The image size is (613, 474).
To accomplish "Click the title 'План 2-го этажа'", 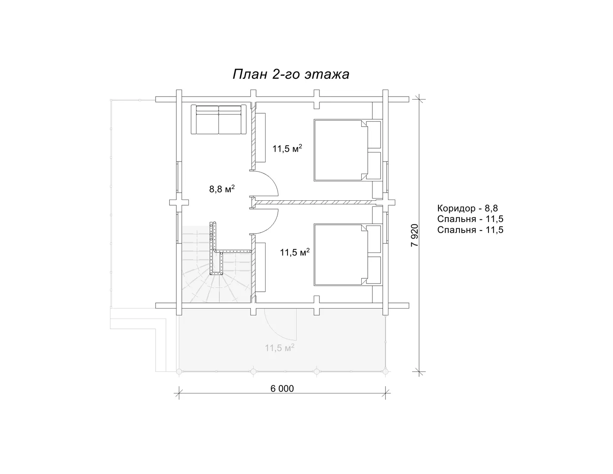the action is [291, 75].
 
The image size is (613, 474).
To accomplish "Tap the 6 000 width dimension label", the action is [282, 389].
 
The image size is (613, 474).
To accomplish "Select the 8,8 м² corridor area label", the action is [222, 189].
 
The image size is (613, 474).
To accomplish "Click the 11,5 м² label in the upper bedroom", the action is [287, 148].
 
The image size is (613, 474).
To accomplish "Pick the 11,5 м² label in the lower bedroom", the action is [295, 252].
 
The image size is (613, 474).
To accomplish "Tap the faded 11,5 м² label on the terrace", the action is [280, 348].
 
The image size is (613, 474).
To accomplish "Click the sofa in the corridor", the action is [219, 119].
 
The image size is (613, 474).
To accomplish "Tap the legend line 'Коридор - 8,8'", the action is [467, 208].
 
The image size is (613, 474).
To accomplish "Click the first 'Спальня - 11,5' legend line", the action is [470, 219].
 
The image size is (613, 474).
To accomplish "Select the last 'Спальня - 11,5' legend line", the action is [470, 230].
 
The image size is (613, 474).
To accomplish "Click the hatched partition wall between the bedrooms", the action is [316, 202].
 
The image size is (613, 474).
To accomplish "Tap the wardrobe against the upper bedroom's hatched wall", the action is [261, 137].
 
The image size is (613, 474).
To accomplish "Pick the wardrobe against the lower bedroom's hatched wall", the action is [261, 267].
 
